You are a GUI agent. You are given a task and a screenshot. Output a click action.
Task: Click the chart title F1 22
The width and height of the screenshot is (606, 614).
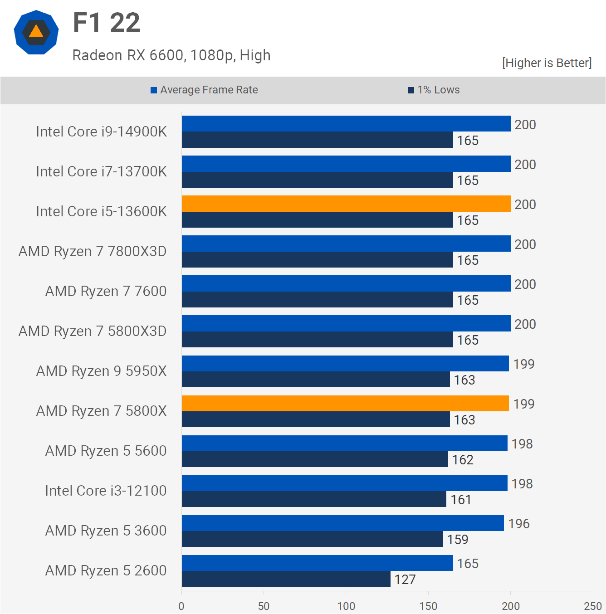107,23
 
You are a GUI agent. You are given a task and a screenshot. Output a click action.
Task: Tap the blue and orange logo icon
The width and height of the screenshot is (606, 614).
36,33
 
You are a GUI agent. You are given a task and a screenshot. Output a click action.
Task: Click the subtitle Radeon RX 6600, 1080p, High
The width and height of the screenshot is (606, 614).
171,55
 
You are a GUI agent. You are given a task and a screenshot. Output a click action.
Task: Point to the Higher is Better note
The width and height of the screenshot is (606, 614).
547,63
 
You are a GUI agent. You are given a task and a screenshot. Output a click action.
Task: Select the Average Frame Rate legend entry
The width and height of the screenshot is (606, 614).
204,90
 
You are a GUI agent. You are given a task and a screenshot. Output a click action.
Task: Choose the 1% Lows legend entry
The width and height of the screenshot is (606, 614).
434,90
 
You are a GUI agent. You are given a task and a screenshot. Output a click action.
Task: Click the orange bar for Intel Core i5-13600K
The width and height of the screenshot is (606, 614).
346,204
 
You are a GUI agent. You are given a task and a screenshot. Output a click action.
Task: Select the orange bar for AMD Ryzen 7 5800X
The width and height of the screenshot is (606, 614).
345,403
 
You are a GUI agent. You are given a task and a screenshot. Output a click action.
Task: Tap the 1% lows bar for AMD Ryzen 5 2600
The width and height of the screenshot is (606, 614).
286,579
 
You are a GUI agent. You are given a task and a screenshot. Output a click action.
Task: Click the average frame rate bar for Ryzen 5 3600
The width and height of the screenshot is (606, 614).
342,523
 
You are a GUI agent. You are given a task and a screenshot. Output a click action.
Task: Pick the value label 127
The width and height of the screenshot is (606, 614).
405,580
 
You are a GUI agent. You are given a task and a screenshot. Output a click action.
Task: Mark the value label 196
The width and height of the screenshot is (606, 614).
519,524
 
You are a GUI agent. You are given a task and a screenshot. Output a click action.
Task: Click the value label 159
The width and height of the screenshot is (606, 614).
458,540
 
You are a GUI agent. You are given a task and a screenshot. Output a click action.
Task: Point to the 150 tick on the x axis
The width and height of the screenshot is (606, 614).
428,606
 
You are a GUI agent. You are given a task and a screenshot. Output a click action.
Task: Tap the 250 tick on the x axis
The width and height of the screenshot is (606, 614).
592,606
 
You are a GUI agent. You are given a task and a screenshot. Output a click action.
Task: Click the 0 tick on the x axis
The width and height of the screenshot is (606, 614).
181,606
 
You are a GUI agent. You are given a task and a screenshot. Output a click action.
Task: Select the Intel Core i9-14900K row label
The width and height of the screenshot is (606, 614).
101,132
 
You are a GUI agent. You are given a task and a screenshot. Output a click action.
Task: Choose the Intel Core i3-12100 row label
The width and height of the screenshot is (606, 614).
106,491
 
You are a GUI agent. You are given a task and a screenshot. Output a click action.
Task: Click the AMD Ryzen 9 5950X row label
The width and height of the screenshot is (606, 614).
101,371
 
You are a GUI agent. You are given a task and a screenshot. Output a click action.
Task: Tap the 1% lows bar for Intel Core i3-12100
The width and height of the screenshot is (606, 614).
314,499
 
